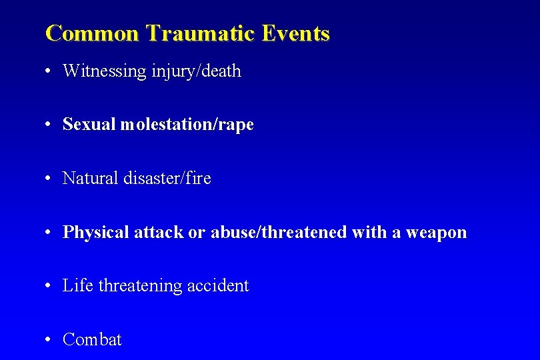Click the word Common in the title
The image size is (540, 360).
[x=92, y=33]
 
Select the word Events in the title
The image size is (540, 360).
[x=295, y=33]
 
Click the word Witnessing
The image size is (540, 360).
[x=104, y=71]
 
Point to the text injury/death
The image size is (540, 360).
[x=196, y=71]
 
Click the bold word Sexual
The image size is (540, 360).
[x=89, y=125]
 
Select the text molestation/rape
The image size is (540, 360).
[x=187, y=125]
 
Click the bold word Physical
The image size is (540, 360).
[x=96, y=233]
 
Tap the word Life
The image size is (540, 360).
[x=78, y=286]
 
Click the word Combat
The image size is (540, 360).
[x=92, y=340]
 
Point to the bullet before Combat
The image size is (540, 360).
[x=49, y=340]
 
